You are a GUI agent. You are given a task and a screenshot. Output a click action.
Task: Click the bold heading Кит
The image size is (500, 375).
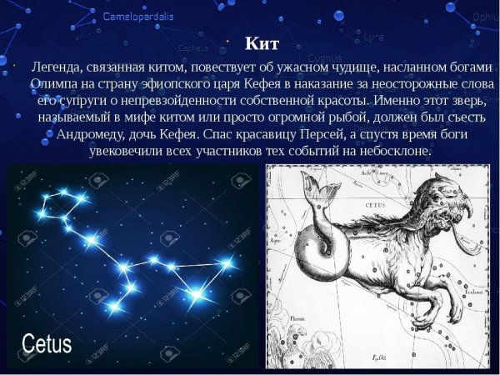(262, 44)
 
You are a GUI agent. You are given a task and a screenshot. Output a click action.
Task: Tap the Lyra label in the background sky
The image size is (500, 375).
(374, 37)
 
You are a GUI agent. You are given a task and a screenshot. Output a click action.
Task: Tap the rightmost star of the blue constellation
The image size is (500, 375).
(227, 263)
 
